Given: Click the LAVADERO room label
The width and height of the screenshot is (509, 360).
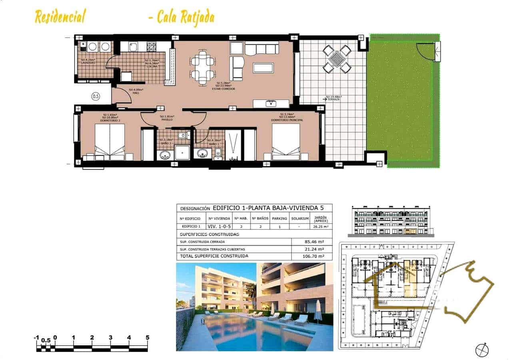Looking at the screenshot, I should pos(88,63).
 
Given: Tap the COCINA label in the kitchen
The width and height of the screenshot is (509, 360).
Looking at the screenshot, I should pos(152,66).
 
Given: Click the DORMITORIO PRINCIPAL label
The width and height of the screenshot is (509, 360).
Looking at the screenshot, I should pos(287,120).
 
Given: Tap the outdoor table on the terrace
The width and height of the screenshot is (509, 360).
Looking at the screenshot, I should pos(337,59).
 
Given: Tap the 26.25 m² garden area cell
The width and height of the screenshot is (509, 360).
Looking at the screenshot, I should pos(321,227).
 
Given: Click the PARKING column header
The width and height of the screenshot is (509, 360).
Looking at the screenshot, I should pos(279,219).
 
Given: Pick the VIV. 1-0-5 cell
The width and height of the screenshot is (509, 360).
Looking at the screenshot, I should pos(219,227).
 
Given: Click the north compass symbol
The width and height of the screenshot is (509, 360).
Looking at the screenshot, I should pos(482,350).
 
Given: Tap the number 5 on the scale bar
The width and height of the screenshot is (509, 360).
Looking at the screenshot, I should pos(148,338).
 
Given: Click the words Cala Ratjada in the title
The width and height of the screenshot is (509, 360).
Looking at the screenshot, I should pos(185,17).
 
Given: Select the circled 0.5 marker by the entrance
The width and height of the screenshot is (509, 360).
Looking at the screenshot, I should pos(96,96).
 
